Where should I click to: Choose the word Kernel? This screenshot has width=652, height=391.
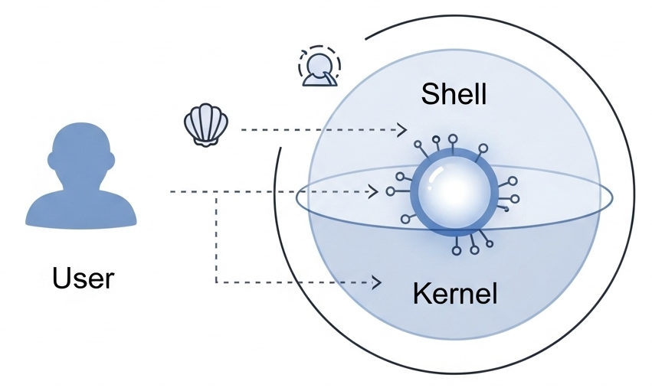[455, 294]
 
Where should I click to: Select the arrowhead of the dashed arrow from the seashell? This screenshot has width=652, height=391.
[403, 130]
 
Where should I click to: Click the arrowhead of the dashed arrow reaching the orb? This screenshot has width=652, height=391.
[374, 191]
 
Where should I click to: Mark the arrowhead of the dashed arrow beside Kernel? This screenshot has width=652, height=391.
[377, 282]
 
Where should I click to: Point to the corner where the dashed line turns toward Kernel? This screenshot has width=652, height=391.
[217, 282]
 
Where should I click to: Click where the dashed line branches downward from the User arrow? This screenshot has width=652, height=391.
[217, 191]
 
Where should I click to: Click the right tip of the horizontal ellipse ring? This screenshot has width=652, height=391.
[612, 198]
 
